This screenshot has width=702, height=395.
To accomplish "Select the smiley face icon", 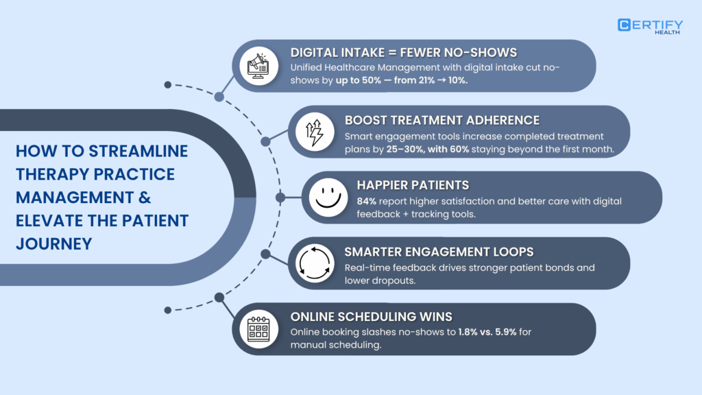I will click(x=326, y=197).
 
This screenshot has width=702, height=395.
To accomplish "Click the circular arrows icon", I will click(x=313, y=263).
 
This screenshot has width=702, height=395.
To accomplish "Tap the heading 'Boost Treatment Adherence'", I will click(x=442, y=120).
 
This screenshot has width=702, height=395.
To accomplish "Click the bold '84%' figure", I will click(x=368, y=201).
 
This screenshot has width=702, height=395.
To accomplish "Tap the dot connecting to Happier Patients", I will click(x=280, y=197).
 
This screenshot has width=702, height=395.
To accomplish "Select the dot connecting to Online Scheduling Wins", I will click(x=219, y=298).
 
